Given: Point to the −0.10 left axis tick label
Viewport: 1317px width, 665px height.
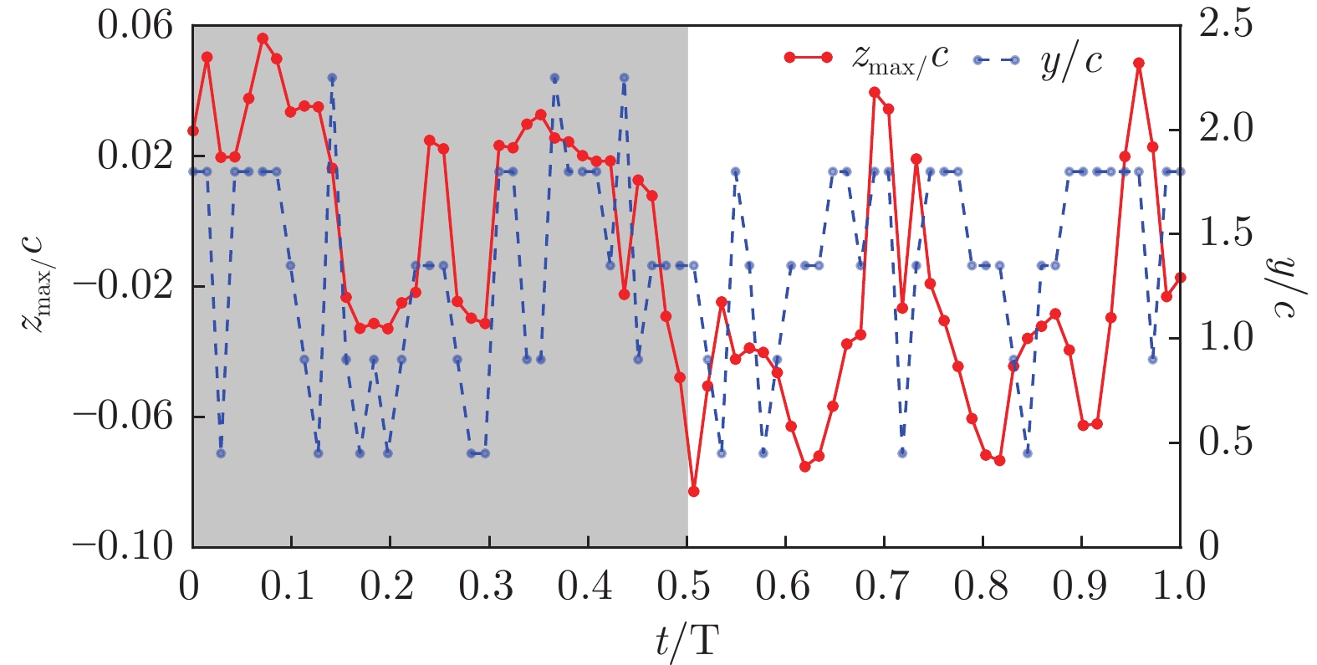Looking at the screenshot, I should pyautogui.click(x=123, y=547).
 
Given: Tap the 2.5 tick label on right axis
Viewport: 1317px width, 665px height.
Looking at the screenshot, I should pyautogui.click(x=1227, y=24).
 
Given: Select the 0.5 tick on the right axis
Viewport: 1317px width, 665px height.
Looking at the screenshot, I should pyautogui.click(x=1227, y=442).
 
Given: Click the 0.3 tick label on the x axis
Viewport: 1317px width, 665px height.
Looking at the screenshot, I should pyautogui.click(x=487, y=586).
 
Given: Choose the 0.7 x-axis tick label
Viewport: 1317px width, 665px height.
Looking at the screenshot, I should pyautogui.click(x=882, y=586).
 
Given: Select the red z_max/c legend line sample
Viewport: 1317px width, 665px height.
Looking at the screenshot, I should pyautogui.click(x=808, y=58).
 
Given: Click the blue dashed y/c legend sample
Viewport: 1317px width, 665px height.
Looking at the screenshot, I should pyautogui.click(x=996, y=59).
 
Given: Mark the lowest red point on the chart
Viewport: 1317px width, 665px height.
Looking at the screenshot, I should pyautogui.click(x=693, y=491).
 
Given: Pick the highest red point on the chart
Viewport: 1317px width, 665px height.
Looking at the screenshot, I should pyautogui.click(x=263, y=38).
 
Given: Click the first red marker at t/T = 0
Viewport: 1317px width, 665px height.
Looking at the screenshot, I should pyautogui.click(x=193, y=130).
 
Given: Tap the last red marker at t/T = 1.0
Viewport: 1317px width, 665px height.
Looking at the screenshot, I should pyautogui.click(x=1180, y=278).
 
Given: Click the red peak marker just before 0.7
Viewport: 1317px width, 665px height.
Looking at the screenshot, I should pyautogui.click(x=874, y=92).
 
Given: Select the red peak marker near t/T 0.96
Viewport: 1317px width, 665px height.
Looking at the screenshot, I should pyautogui.click(x=1139, y=64).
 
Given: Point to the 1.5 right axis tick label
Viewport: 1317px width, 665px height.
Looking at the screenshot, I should pyautogui.click(x=1227, y=233).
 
